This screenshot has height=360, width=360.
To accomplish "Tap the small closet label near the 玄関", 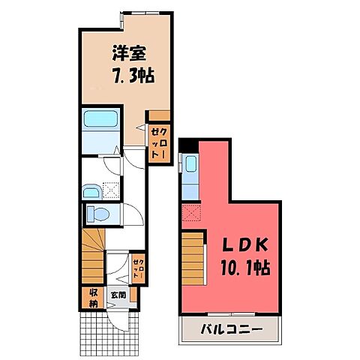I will [x=137, y=268].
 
